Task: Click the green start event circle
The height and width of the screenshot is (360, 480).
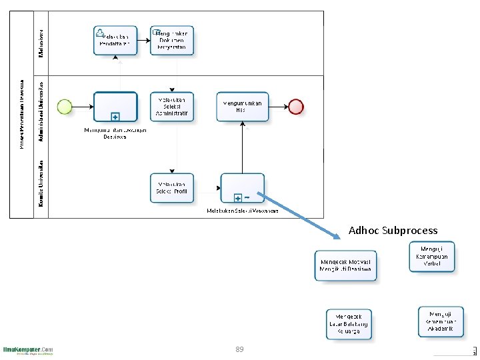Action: pyautogui.click(x=65, y=106)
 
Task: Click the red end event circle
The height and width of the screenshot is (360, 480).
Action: pyautogui.click(x=295, y=106)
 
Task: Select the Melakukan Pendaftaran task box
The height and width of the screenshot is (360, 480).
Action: pyautogui.click(x=115, y=40)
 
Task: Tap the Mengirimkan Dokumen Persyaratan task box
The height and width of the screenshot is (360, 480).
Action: pyautogui.click(x=172, y=40)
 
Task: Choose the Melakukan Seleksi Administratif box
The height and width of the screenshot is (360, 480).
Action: pyautogui.click(x=172, y=106)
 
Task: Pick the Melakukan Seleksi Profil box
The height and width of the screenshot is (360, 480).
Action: pyautogui.click(x=172, y=187)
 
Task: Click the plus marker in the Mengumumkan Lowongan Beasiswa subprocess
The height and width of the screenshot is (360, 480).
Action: pyautogui.click(x=115, y=116)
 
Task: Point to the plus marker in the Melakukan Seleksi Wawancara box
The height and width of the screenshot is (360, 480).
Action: pyautogui.click(x=238, y=198)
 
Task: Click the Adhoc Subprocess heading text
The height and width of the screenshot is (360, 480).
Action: pyautogui.click(x=393, y=231)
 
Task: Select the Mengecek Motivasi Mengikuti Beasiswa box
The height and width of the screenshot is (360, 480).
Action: pyautogui.click(x=346, y=266)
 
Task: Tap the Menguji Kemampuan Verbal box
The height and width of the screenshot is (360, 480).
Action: pyautogui.click(x=432, y=257)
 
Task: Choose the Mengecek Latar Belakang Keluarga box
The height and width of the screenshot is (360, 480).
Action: pyautogui.click(x=349, y=324)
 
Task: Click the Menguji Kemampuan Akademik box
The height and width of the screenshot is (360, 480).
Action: pyautogui.click(x=441, y=321)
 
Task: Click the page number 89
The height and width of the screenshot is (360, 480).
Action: pyautogui.click(x=239, y=349)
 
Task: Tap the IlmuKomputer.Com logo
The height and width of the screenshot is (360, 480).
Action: pyautogui.click(x=28, y=350)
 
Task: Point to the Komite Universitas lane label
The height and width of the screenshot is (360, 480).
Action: pyautogui.click(x=41, y=182)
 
